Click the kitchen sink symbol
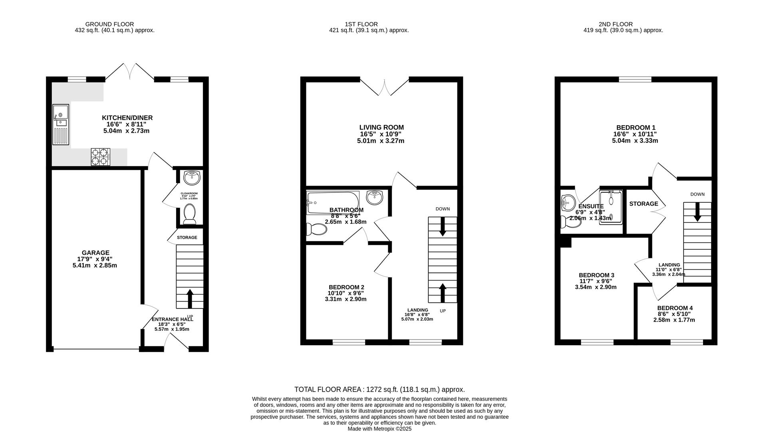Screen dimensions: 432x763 point(61,124)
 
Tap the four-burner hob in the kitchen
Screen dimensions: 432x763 point(100,157)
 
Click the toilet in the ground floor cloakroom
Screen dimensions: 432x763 point(189,214)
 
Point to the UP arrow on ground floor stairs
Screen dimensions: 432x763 point(190,298)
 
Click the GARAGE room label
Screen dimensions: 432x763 point(95,253)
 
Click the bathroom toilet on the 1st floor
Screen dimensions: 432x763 point(316,229)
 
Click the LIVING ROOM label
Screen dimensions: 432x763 point(381,128)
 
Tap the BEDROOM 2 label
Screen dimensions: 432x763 point(346,287)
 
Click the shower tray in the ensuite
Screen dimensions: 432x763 point(611,206)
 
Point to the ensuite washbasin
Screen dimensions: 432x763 point(567,203)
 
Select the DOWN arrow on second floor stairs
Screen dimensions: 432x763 point(697,212)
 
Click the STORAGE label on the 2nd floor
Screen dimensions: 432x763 point(644,204)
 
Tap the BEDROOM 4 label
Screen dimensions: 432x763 point(675,308)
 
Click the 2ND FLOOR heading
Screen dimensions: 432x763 point(616,24)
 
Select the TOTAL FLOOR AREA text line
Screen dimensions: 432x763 point(380,389)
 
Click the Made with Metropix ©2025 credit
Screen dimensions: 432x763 point(379,429)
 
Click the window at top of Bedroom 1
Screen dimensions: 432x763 point(635,79)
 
